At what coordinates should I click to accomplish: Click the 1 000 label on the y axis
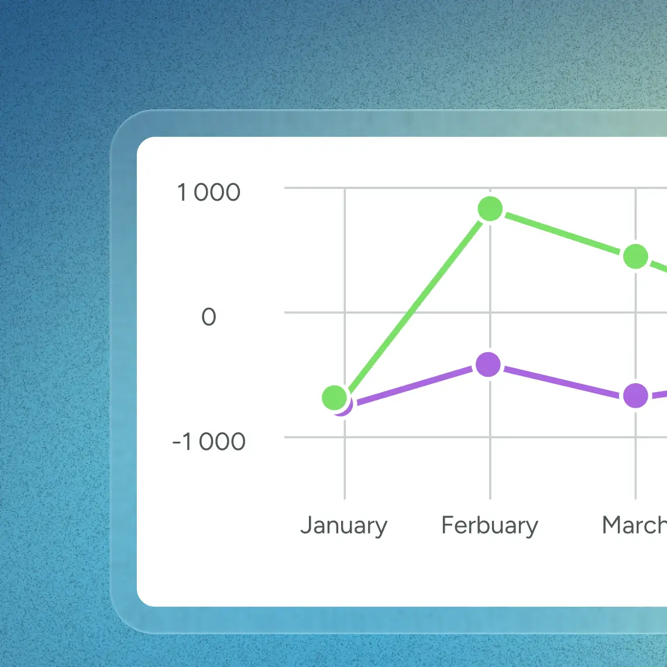point(209,192)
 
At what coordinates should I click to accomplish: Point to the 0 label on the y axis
point(209,317)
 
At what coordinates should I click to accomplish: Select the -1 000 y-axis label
point(209,442)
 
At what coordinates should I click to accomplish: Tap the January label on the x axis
point(343,525)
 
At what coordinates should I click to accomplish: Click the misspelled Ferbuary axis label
point(490,525)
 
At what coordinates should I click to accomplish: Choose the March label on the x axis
point(634,525)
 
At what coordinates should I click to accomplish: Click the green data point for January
point(334,398)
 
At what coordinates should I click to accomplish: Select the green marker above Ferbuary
point(490,209)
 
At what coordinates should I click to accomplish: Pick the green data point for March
point(635,256)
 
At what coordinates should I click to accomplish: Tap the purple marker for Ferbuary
point(489,365)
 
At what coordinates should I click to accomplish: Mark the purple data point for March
point(635,396)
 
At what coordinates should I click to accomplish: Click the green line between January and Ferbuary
point(412,303)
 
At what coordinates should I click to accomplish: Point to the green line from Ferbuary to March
point(563,233)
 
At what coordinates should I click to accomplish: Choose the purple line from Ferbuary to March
point(562,381)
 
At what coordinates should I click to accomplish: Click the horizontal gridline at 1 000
point(410,188)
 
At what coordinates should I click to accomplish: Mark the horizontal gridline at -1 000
point(410,437)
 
